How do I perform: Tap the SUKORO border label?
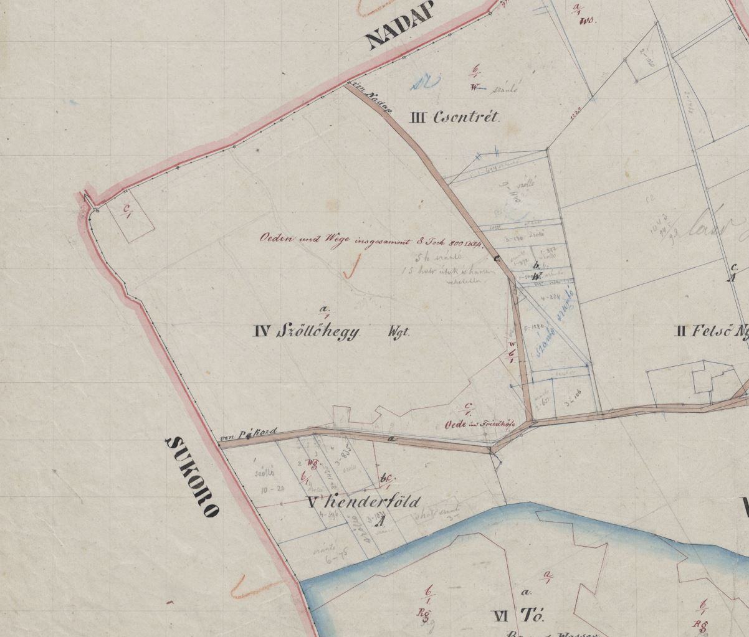click(192, 477)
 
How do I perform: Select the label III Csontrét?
click(454, 117)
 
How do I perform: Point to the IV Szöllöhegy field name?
click(307, 331)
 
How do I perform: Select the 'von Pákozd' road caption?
click(247, 434)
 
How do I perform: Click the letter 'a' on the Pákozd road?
click(392, 440)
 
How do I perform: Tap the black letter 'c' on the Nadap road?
click(497, 257)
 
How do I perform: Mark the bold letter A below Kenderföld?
click(378, 523)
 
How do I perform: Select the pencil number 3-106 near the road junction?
click(569, 402)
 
